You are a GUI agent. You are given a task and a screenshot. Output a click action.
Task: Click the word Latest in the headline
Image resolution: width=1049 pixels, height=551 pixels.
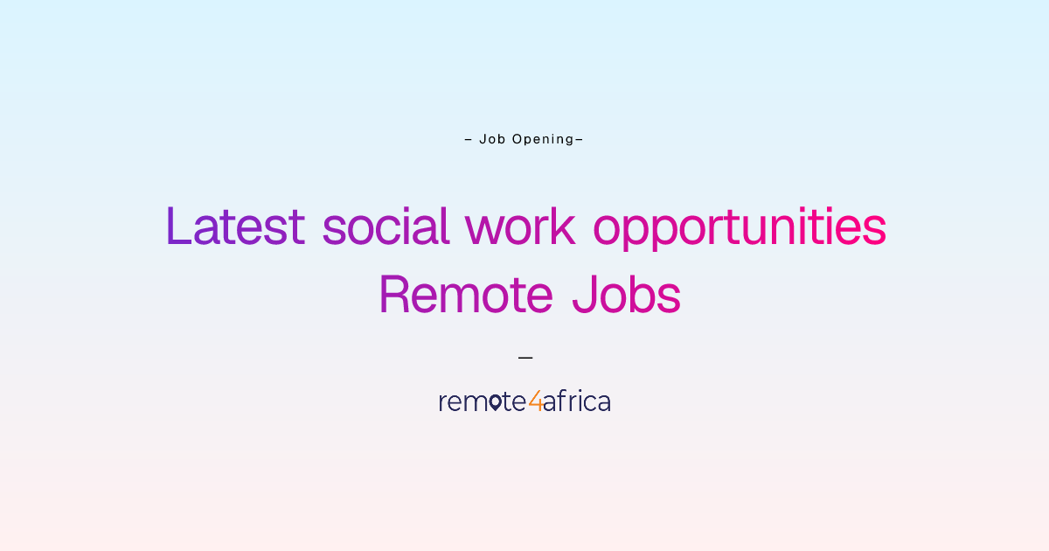point(235,226)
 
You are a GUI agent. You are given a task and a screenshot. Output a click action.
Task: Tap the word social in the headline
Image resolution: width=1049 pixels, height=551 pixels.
point(386,226)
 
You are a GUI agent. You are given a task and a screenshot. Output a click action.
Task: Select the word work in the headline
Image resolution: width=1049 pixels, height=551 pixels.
point(520,226)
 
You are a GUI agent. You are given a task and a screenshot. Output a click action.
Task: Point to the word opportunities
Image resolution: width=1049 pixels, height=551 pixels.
point(740,228)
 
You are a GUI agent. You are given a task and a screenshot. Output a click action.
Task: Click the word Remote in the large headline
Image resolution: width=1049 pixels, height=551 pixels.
point(466,294)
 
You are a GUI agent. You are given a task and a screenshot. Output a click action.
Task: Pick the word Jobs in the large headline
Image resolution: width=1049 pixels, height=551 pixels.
point(627,294)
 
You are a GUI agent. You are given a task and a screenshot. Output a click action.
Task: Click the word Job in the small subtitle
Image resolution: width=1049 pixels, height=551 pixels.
point(492,139)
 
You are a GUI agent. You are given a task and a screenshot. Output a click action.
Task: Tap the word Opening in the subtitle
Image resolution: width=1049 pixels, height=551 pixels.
point(543,140)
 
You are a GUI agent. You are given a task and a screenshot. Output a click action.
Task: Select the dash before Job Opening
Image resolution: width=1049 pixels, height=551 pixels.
point(469,140)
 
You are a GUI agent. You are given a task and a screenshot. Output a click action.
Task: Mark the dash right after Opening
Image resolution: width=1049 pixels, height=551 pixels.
point(580,140)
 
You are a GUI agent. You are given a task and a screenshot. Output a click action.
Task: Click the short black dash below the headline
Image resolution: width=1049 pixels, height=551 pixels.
point(525,358)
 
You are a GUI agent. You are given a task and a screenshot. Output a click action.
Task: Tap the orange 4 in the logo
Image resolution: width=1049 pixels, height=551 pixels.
point(536,401)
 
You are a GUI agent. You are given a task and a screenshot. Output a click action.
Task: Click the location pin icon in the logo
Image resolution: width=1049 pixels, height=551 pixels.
point(495,402)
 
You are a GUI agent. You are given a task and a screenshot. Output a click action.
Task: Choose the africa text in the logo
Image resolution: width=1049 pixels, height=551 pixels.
point(577,401)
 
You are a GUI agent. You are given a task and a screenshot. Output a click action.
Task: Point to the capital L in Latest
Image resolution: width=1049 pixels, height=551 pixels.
point(179,226)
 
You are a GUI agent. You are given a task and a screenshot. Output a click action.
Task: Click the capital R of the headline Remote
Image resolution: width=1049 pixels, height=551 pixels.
point(395,294)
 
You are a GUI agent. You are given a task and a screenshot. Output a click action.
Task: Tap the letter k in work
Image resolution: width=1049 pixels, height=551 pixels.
point(564,226)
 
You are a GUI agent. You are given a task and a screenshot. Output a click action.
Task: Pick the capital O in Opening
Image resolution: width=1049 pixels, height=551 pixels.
point(517,139)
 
